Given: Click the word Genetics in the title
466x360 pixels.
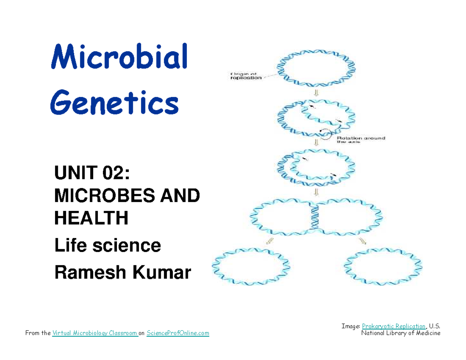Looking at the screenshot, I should (115, 103).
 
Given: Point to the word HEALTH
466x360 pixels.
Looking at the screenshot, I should (91, 219).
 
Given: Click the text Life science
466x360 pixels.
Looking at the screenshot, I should (108, 245).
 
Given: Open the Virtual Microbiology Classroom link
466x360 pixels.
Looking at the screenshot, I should (95, 333).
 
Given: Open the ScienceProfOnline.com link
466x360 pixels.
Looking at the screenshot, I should (178, 333).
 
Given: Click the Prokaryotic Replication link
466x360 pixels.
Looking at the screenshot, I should (393, 326).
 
